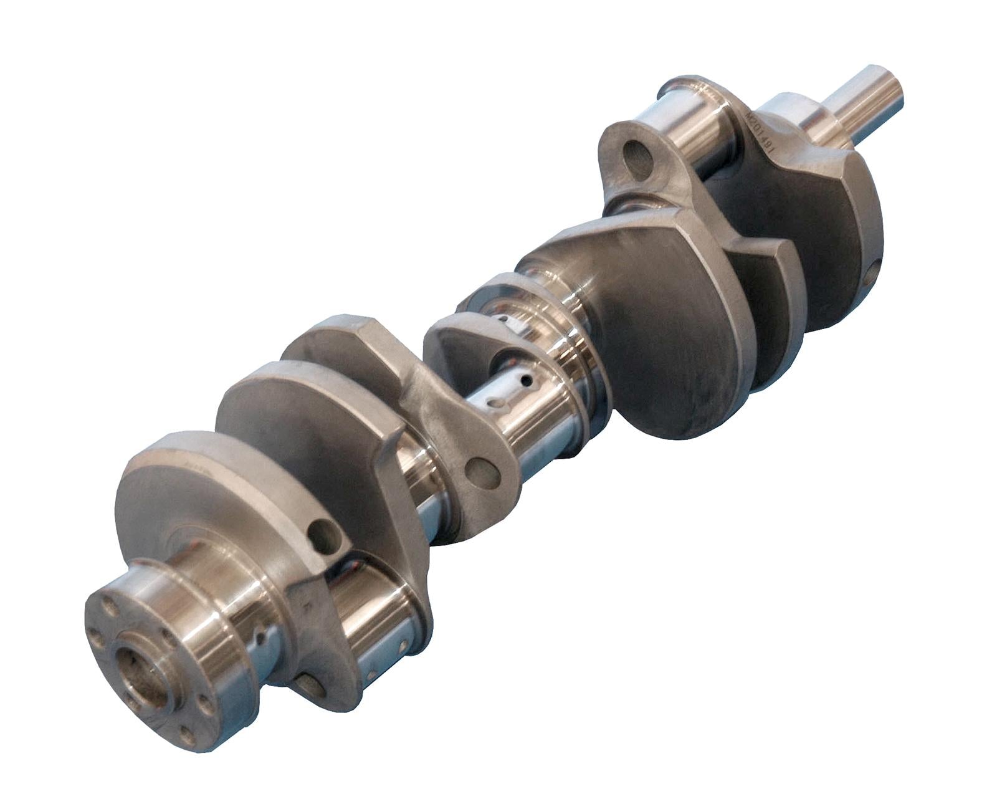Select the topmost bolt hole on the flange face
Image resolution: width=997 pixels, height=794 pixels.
point(109,604)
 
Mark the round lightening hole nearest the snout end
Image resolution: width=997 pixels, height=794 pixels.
point(637,160)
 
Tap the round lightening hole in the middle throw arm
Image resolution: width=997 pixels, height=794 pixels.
point(482,473)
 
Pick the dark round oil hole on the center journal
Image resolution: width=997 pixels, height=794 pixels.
point(527,379)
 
